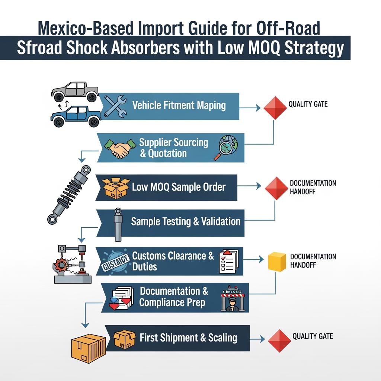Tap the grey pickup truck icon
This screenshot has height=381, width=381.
[x=75, y=91]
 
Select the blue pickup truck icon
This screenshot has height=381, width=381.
[x=76, y=116]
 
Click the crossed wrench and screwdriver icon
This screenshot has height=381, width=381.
[x=115, y=106]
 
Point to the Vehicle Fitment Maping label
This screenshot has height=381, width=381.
[x=179, y=105]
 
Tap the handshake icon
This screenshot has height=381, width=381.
[x=119, y=148]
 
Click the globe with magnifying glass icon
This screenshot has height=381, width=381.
[x=228, y=147]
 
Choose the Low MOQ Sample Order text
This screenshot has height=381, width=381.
[x=179, y=187]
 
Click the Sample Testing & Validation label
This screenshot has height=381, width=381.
[x=186, y=222]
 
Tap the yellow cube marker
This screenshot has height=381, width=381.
[x=277, y=261]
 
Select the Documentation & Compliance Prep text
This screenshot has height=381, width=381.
[x=174, y=297]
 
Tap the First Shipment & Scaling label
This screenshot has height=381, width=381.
[x=188, y=338]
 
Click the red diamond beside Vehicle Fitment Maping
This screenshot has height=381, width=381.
[x=275, y=108]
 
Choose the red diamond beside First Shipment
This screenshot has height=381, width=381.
[x=279, y=340]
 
